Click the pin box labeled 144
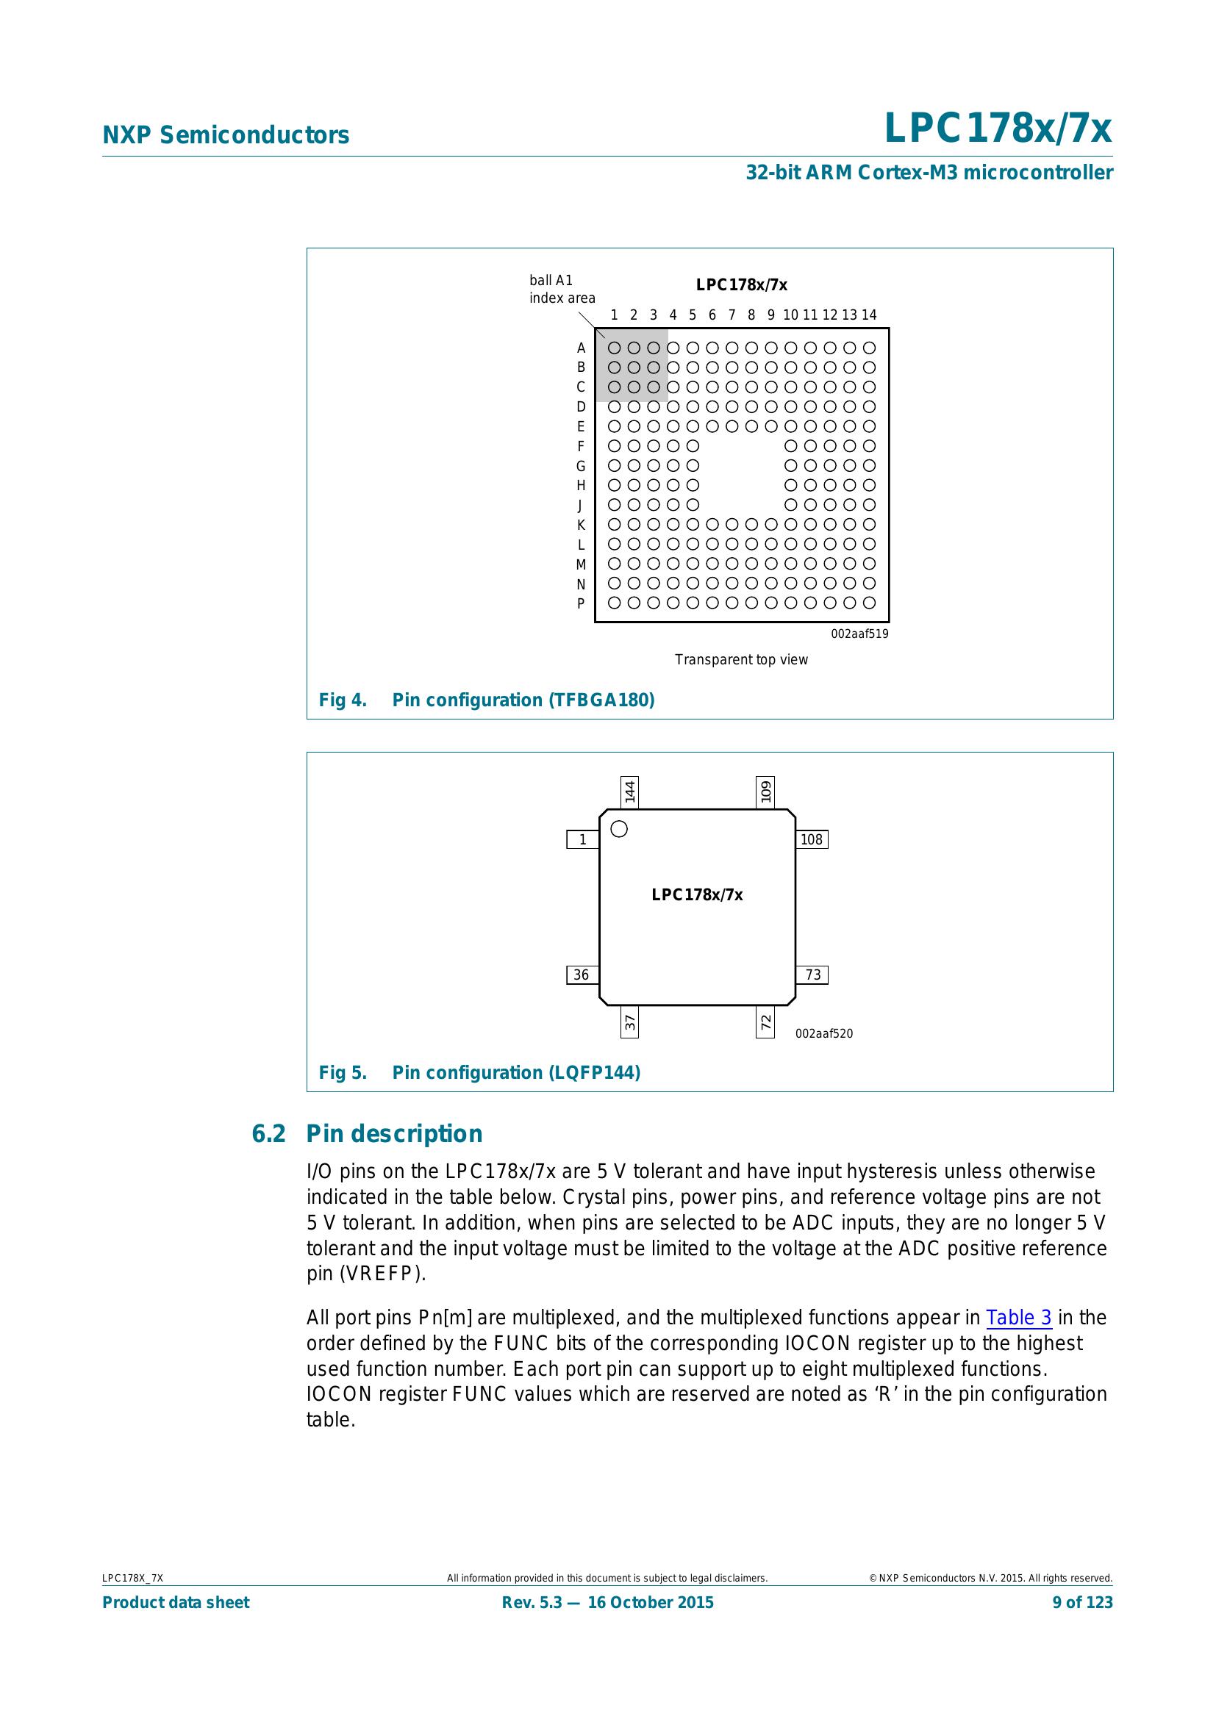click(630, 792)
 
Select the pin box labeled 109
click(765, 792)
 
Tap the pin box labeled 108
click(812, 839)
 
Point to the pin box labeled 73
click(812, 975)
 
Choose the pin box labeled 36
click(582, 975)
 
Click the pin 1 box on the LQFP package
click(582, 839)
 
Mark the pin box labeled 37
click(630, 1022)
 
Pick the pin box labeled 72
click(765, 1022)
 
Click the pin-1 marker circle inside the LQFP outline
click(619, 829)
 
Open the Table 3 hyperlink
click(1018, 1317)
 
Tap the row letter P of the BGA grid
click(580, 603)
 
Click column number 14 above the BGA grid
click(868, 315)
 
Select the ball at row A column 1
click(614, 348)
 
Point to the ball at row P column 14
click(869, 603)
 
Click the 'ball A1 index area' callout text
click(562, 289)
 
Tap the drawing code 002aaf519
click(859, 634)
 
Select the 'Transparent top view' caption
click(741, 659)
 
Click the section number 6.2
click(268, 1133)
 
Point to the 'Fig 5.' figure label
click(343, 1073)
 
